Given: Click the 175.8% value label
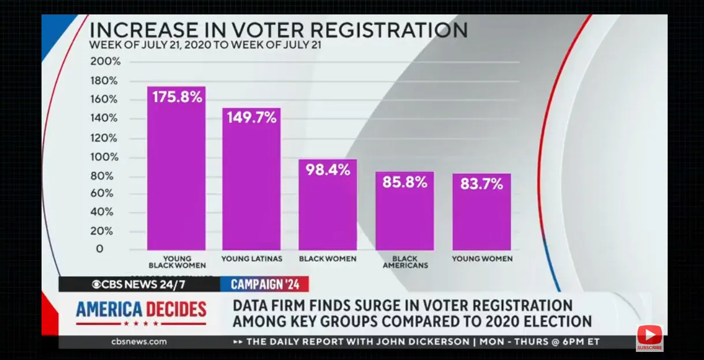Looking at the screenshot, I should (x=177, y=97).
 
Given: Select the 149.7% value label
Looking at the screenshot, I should (x=252, y=118).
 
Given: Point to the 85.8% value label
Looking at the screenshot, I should (x=405, y=182).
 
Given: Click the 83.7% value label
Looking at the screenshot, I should (x=481, y=184).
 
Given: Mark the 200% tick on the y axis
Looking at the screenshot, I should (x=105, y=61).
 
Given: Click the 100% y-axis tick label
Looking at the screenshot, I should (x=105, y=157).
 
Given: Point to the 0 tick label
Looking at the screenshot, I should (x=100, y=249).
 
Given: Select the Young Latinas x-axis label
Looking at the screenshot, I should (x=252, y=259).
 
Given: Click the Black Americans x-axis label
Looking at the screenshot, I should (x=406, y=262).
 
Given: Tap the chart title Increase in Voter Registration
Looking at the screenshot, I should (x=278, y=29).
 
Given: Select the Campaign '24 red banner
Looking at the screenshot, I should (x=265, y=284).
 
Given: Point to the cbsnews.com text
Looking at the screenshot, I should (x=139, y=342).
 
